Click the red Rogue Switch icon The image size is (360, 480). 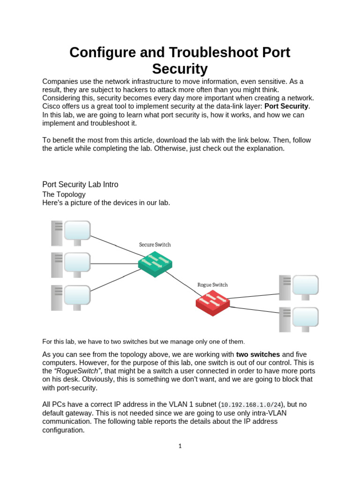[213, 302]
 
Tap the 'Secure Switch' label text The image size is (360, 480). [155, 245]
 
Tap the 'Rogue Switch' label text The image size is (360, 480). [212, 285]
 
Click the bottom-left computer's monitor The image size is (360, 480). [77, 295]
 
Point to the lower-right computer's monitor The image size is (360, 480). [305, 317]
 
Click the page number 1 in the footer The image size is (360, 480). [180, 446]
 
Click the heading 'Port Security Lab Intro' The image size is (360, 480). [80, 185]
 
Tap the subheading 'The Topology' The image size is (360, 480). [64, 194]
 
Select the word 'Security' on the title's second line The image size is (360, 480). [180, 69]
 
